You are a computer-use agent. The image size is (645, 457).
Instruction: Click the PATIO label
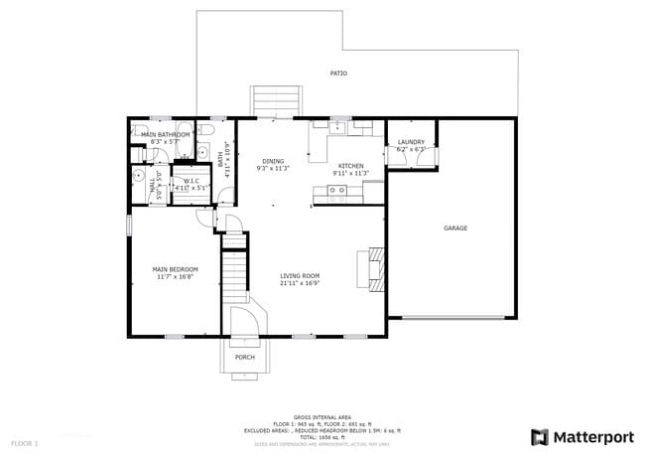point(338,74)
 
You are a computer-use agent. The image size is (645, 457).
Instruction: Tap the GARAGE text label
point(455,228)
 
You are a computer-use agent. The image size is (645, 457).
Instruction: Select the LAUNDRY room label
point(411,142)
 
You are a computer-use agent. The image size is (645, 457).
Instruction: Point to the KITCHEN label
point(350,165)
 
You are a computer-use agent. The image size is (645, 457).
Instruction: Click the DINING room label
point(273,161)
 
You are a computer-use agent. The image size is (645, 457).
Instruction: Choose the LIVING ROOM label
point(299,275)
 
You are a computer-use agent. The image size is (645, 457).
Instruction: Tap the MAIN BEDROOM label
point(175,269)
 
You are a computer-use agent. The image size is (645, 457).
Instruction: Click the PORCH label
point(244,358)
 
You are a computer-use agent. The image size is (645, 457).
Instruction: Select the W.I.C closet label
point(192,180)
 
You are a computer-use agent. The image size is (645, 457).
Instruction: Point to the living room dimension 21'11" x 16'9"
point(299,283)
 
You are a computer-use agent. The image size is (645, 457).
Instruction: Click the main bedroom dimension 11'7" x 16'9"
point(175,277)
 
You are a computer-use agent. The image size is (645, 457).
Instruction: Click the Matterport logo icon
point(540,436)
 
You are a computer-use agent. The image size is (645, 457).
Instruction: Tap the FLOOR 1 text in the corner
point(25,442)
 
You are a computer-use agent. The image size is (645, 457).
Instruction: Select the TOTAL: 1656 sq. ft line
point(320,436)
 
